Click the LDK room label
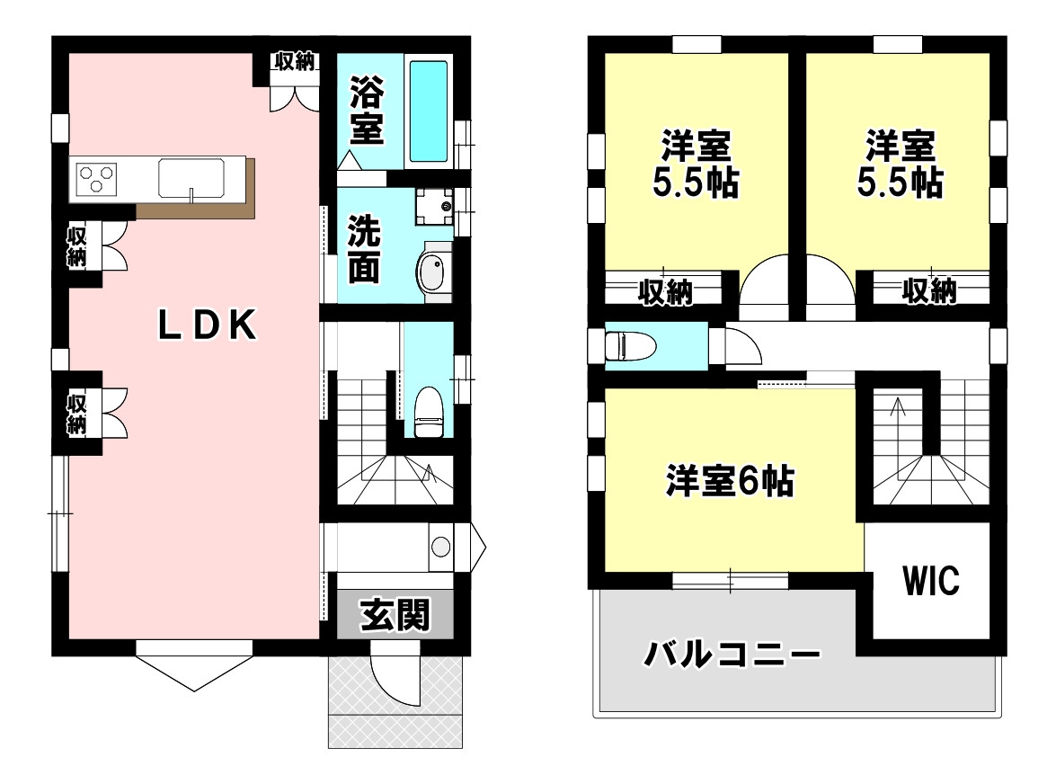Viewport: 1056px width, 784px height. point(207,325)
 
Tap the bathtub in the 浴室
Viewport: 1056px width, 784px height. point(429,111)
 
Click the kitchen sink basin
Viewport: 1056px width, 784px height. point(191,179)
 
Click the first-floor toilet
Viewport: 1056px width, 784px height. point(428,412)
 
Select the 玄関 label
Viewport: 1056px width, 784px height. point(395,614)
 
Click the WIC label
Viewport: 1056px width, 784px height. point(931,580)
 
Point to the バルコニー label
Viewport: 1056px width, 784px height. point(732,654)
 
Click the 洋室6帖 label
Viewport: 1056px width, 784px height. point(730,481)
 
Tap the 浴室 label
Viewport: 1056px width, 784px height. point(367,111)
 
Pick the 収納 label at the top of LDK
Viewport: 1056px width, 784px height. point(294,61)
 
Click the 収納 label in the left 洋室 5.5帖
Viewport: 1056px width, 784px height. point(665,291)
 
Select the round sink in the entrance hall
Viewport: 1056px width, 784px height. point(440,547)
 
